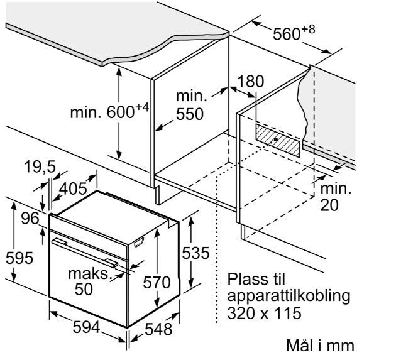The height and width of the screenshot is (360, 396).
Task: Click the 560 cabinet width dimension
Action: (x=294, y=33)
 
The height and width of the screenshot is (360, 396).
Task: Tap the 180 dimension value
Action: (x=251, y=81)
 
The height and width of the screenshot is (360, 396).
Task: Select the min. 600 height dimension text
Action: (x=109, y=111)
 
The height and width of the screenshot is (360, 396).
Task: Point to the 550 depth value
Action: (x=189, y=114)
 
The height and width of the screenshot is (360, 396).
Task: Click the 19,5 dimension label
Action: (x=40, y=166)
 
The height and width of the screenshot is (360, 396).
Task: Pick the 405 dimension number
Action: (x=73, y=188)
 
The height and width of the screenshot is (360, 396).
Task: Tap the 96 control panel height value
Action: (x=30, y=218)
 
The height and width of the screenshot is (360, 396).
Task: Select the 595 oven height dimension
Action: (x=19, y=258)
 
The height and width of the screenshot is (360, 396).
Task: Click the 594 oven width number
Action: (x=86, y=327)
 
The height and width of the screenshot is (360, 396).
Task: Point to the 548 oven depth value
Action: (x=158, y=329)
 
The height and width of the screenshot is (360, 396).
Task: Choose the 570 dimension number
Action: (x=157, y=282)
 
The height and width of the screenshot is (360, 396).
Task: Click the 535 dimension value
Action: (x=195, y=253)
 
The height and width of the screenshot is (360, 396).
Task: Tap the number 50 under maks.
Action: (x=84, y=289)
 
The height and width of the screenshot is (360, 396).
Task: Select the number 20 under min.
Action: (x=329, y=204)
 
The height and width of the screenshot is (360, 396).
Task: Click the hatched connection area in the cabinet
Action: (x=278, y=140)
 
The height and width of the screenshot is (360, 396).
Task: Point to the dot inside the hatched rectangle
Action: (x=276, y=139)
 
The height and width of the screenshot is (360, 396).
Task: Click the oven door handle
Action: (x=85, y=253)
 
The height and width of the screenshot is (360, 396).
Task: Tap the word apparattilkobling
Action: (x=289, y=296)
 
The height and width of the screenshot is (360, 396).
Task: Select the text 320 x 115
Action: (x=264, y=313)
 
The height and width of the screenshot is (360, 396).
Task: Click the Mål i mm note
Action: (x=320, y=345)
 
